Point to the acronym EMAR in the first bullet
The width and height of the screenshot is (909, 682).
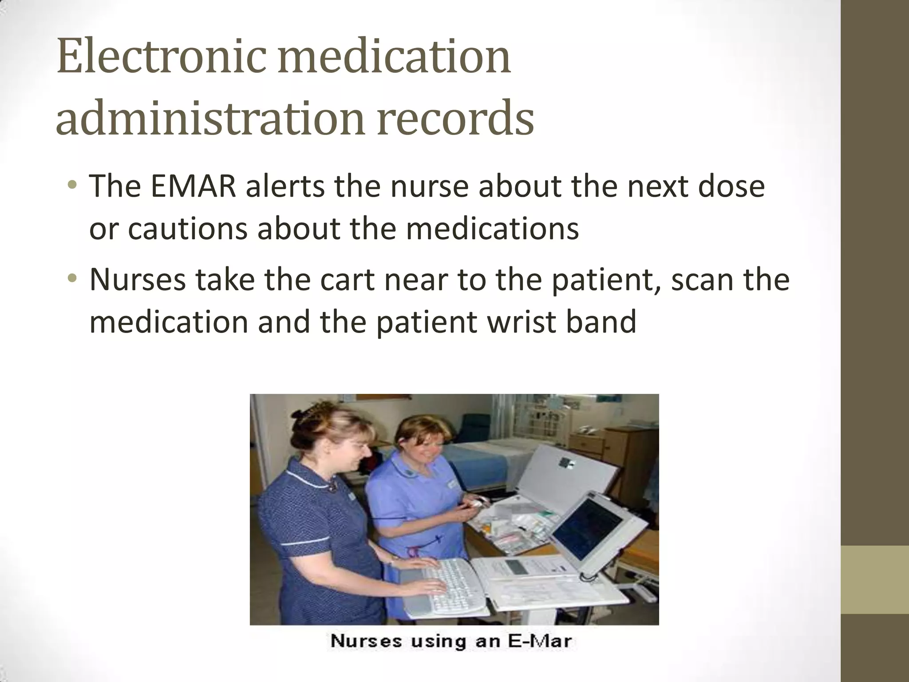coord(194,187)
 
